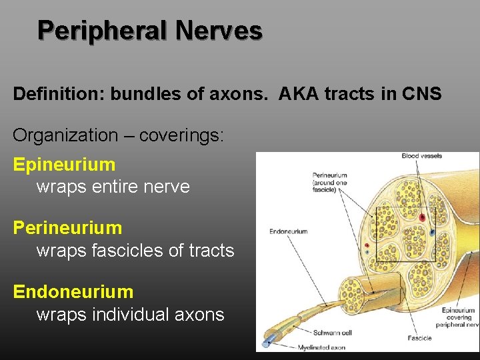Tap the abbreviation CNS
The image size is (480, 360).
(421, 94)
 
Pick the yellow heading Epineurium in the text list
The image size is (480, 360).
(64, 164)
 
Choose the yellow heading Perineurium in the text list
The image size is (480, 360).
(67, 228)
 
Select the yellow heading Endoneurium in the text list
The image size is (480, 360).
(73, 292)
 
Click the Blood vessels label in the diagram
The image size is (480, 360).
(421, 157)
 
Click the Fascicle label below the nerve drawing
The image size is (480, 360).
(420, 339)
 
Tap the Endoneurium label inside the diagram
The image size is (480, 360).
(288, 232)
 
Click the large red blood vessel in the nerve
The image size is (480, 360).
(421, 217)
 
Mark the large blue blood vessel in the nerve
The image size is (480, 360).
(433, 233)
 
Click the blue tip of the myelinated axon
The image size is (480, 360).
(267, 344)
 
